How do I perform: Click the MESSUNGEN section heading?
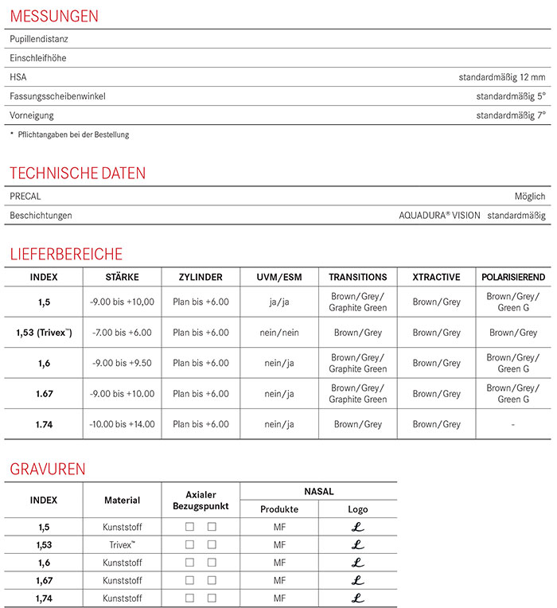(54, 16)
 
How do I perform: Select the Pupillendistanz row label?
(40, 39)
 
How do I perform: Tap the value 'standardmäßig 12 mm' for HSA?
(502, 77)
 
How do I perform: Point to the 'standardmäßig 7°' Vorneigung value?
(511, 115)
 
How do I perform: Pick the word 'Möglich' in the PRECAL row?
(530, 196)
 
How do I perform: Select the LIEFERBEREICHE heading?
(66, 255)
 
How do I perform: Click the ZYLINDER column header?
(201, 277)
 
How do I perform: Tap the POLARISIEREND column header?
(513, 277)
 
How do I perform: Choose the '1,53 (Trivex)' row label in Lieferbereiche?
(44, 333)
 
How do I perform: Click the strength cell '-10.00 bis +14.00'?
(123, 424)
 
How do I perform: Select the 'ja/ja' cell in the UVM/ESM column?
(279, 302)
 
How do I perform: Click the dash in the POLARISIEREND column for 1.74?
(513, 425)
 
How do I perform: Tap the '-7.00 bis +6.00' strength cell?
(123, 333)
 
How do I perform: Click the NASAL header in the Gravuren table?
(318, 492)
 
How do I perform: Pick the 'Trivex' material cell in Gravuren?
(123, 545)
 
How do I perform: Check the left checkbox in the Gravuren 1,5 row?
(189, 527)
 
